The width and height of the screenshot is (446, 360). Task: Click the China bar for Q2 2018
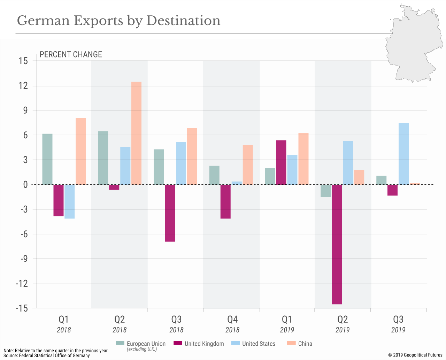tap(136, 133)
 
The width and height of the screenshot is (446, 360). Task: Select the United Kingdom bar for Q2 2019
tap(337, 244)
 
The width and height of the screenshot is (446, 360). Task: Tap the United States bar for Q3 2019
tap(403, 154)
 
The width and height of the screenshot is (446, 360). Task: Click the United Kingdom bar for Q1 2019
tap(281, 162)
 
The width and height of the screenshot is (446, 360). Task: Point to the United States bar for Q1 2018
tap(69, 201)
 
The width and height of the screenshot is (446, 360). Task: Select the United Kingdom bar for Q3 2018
tap(170, 213)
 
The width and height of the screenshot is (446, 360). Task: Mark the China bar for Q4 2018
tap(248, 165)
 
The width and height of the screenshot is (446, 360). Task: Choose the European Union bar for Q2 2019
tap(326, 191)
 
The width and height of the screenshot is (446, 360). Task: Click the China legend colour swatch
tap(291, 343)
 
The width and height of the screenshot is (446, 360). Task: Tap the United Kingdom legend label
tap(204, 344)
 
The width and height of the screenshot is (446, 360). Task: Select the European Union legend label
tap(146, 344)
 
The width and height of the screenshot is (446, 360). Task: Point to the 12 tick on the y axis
tap(23, 86)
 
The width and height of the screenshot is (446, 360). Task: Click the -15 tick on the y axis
tap(22, 308)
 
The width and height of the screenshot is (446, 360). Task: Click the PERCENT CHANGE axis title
tap(71, 54)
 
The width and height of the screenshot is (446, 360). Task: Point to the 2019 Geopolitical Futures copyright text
tap(415, 355)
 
